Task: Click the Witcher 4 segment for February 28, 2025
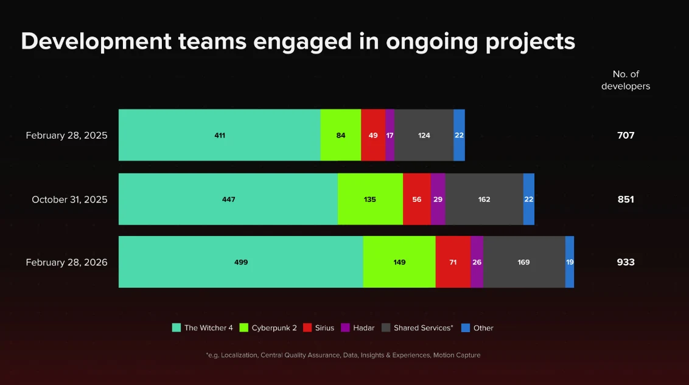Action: (x=219, y=135)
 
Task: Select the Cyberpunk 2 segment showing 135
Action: (x=370, y=199)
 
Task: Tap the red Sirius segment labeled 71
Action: (x=453, y=262)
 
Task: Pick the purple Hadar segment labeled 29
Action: (x=438, y=199)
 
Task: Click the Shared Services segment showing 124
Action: (x=424, y=135)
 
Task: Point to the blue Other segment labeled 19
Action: (x=570, y=262)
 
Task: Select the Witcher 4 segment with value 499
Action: (x=240, y=262)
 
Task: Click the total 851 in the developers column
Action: (x=626, y=199)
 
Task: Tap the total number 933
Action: (x=626, y=262)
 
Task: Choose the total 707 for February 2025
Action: (x=626, y=135)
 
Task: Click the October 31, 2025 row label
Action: (x=69, y=199)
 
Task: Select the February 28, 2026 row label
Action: (x=66, y=262)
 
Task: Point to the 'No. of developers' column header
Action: (x=626, y=80)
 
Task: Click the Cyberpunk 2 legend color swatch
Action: (x=243, y=328)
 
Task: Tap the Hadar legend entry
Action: (x=358, y=328)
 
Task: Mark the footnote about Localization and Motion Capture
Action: (x=343, y=355)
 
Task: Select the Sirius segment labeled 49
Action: (x=373, y=135)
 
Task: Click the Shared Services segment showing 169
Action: (x=523, y=262)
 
